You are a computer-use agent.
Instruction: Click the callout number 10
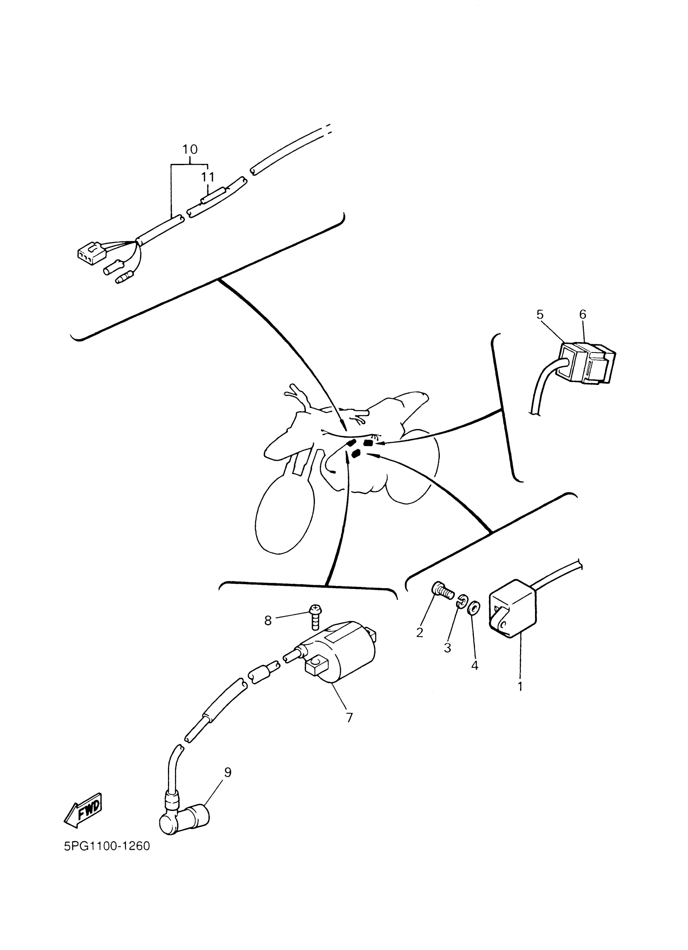[190, 149]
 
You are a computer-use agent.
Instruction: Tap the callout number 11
[208, 177]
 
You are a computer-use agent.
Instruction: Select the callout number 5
[540, 314]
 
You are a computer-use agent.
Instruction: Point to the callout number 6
[583, 314]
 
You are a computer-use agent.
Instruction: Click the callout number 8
[268, 621]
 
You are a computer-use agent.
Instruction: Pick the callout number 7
[350, 718]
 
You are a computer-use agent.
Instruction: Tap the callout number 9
[228, 772]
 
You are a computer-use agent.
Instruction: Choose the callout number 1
[520, 686]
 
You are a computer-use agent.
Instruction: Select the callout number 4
[474, 665]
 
